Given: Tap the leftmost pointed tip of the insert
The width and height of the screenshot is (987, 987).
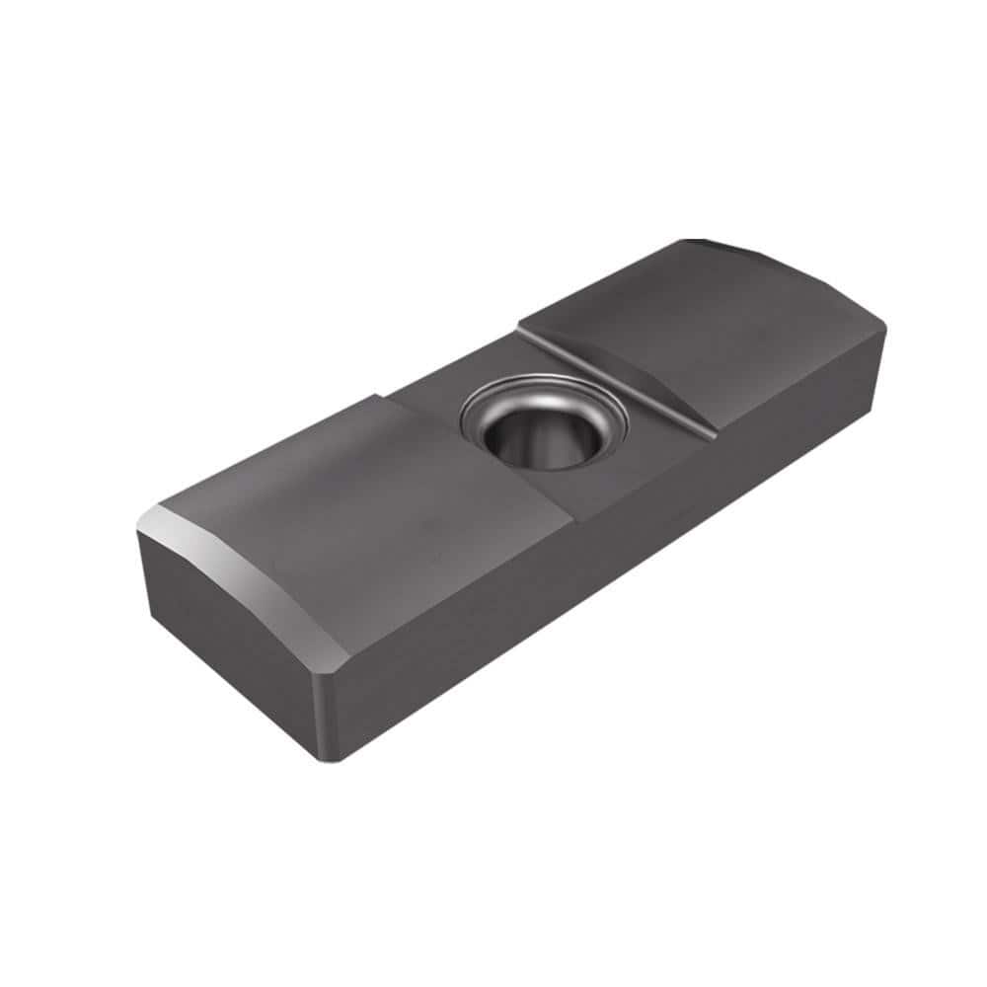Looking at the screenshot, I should click(x=138, y=533).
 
